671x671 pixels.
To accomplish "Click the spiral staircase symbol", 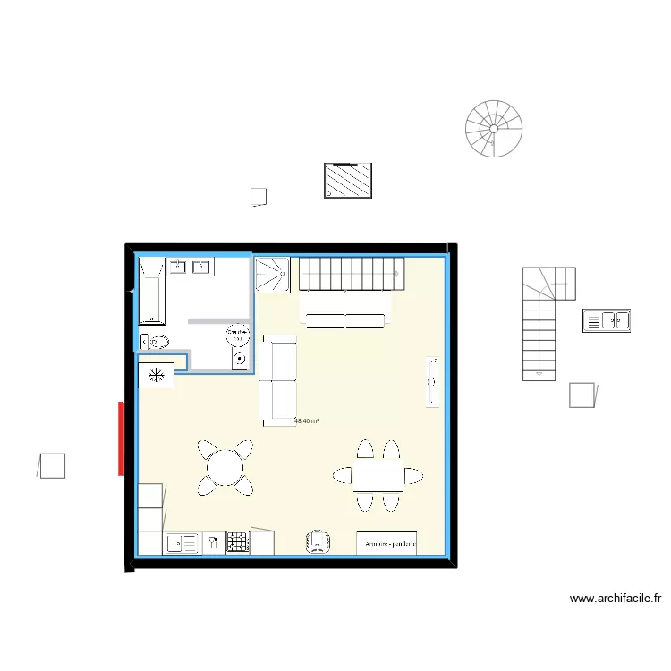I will click(493, 129).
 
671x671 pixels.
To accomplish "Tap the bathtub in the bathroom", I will click(152, 290).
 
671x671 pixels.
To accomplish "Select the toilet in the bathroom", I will click(157, 341).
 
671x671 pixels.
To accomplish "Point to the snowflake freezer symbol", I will click(157, 374).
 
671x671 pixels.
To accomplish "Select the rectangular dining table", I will click(378, 475).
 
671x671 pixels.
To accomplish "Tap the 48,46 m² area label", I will click(307, 421).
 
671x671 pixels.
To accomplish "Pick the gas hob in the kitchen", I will click(237, 542).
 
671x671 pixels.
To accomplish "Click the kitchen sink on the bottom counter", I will click(183, 542).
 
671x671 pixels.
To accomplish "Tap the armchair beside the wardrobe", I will click(319, 540).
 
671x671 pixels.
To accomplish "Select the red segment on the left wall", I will click(121, 437).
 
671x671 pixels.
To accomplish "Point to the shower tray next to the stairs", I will click(273, 274).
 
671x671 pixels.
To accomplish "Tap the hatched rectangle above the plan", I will click(347, 181).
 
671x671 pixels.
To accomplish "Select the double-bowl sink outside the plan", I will click(607, 319).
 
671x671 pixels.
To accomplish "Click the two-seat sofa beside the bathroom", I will click(277, 378).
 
